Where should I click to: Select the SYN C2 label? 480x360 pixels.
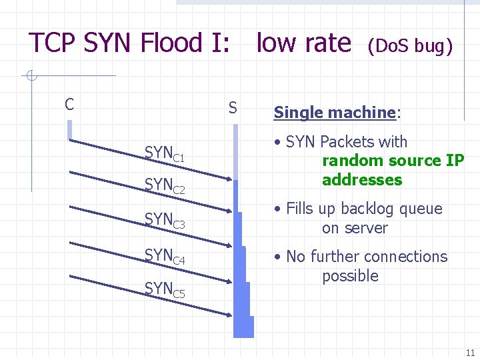[164, 185]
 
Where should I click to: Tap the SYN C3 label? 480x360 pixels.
[164, 219]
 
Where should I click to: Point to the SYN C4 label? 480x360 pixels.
[164, 255]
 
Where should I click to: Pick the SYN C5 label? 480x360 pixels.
[164, 289]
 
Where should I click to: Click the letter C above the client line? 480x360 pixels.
[69, 105]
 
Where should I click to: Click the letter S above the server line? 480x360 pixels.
[233, 107]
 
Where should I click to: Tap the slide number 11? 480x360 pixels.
[470, 353]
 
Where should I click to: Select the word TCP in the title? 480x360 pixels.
[53, 43]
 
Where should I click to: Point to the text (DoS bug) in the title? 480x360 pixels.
[410, 46]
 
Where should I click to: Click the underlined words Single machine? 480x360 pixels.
[335, 113]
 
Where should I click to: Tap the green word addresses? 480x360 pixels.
[362, 180]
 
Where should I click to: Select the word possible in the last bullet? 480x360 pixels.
[350, 276]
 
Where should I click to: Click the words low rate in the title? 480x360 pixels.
[303, 43]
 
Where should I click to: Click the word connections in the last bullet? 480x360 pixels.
[405, 257]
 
